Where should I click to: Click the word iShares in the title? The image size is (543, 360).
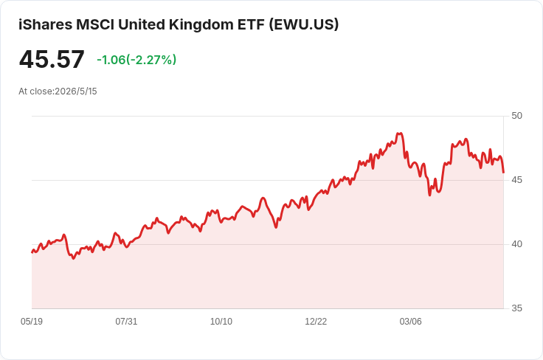click(x=45, y=24)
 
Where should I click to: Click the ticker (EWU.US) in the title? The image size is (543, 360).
click(x=304, y=24)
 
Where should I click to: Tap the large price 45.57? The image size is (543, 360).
click(x=52, y=59)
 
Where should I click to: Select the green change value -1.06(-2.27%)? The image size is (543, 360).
click(x=136, y=60)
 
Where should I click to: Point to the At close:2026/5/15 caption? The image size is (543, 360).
click(x=58, y=91)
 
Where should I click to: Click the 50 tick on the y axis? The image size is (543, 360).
click(x=516, y=116)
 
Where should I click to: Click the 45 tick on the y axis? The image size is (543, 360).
click(x=516, y=180)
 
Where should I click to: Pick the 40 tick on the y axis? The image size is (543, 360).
click(x=516, y=244)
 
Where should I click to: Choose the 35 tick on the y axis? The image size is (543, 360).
click(x=516, y=308)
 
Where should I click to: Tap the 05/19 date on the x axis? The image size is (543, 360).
click(x=32, y=321)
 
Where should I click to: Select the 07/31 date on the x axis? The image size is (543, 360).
click(x=126, y=321)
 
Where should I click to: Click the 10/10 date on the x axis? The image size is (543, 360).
click(x=221, y=321)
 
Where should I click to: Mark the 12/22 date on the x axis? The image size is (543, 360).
click(x=316, y=321)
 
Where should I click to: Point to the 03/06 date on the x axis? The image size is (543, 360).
click(x=411, y=321)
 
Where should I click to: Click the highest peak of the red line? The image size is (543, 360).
click(x=400, y=133)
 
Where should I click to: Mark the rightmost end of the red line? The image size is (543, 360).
click(x=503, y=173)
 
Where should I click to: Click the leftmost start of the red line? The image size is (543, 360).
click(x=32, y=252)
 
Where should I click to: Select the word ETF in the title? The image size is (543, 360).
click(x=251, y=24)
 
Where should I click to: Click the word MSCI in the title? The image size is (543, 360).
click(x=95, y=24)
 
